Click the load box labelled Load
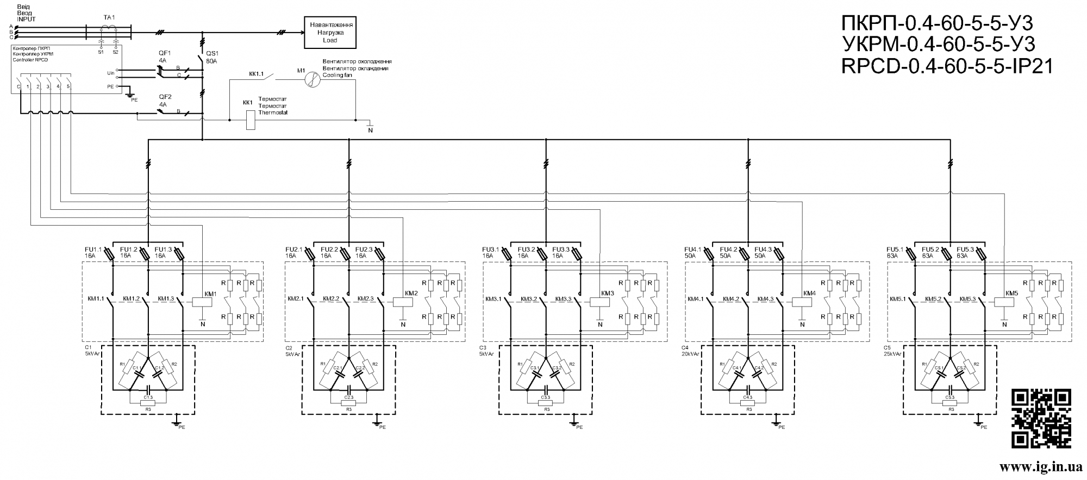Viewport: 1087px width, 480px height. [x=330, y=33]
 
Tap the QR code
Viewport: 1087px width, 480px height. [x=1041, y=418]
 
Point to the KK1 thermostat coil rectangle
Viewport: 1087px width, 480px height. [x=251, y=120]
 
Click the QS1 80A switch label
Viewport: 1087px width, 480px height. [x=211, y=57]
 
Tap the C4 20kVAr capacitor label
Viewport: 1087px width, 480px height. [x=690, y=351]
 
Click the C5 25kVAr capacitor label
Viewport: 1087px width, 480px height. [x=892, y=351]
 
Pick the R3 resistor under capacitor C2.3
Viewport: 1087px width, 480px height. [x=349, y=403]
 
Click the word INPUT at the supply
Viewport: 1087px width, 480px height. [x=26, y=18]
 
